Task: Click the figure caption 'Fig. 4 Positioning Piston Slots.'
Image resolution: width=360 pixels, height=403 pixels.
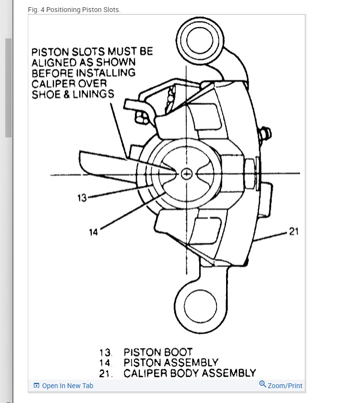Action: point(74,10)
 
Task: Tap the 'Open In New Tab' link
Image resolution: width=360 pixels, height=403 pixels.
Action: point(67,386)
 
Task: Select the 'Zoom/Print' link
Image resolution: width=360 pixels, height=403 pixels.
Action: point(285,386)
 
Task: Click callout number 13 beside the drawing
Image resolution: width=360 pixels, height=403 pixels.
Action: point(82,197)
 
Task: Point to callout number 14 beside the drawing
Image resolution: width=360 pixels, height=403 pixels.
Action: point(93,232)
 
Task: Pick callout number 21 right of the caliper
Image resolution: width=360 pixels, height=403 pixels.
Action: point(294,232)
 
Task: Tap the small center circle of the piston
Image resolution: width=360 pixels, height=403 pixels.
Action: point(187,173)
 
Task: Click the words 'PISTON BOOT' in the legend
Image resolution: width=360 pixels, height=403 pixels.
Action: point(157,352)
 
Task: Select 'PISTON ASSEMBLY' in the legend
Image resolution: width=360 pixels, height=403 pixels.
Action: point(170,363)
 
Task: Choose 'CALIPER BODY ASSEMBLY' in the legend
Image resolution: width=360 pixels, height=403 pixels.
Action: point(189,373)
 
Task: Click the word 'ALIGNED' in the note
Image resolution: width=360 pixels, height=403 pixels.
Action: point(54,62)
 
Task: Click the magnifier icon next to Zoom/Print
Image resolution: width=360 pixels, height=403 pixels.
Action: point(263,384)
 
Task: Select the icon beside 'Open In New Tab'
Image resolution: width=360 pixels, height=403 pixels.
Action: point(36,386)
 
